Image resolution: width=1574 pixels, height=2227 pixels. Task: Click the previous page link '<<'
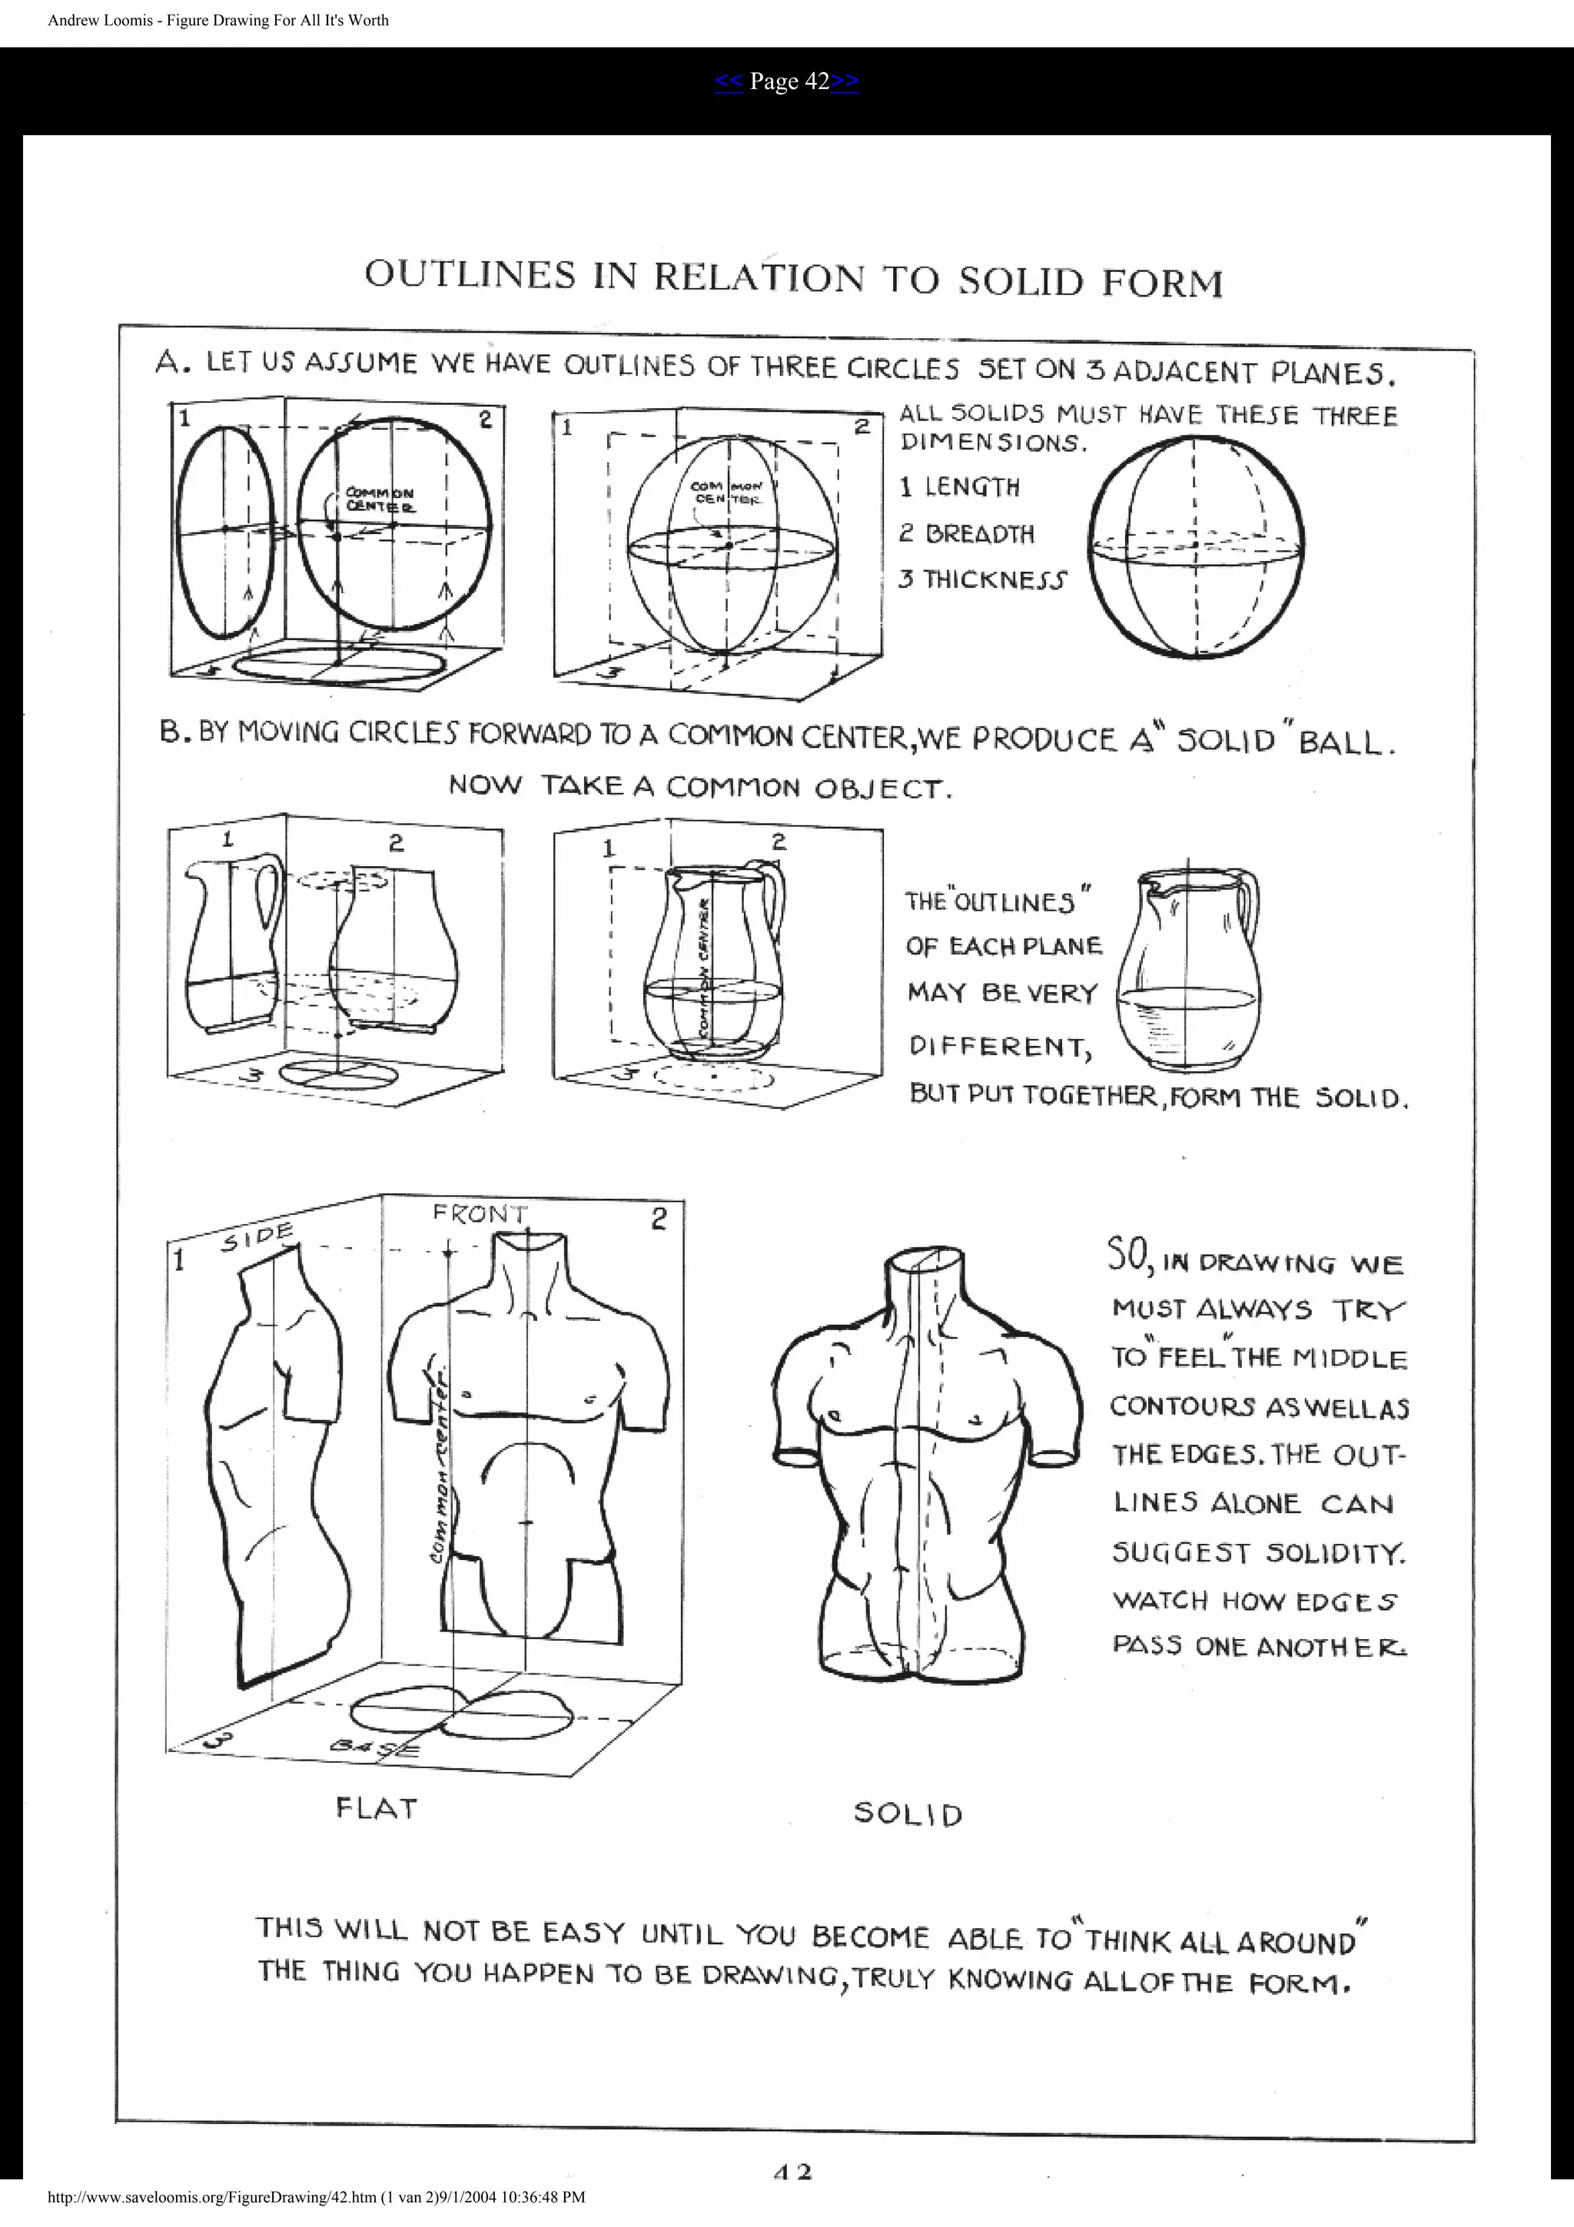click(x=729, y=81)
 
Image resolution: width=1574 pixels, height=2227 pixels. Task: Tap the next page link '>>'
click(x=845, y=81)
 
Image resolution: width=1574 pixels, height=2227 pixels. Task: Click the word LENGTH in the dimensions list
click(x=971, y=487)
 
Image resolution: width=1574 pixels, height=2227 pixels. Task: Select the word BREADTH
click(x=979, y=533)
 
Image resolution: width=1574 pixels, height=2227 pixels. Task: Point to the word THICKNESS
click(x=994, y=580)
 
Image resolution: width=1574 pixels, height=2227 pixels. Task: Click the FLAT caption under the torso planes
click(x=377, y=1808)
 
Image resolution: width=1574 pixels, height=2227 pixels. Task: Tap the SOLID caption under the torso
click(x=908, y=1814)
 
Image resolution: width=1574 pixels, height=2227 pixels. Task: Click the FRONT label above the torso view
click(x=479, y=1214)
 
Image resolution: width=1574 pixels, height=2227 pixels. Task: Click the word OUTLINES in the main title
click(x=470, y=274)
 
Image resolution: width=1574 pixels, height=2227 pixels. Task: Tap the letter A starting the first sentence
click(x=167, y=363)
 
